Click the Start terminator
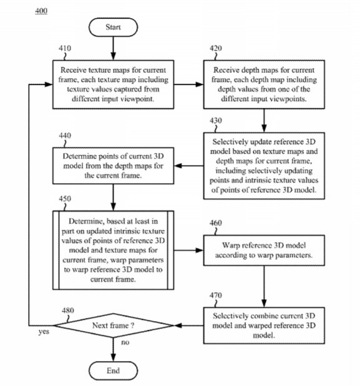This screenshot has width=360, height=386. click(x=113, y=27)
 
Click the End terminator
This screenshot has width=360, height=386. click(x=113, y=371)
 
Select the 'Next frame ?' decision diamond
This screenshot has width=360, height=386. click(x=113, y=325)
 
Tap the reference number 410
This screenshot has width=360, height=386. click(x=65, y=48)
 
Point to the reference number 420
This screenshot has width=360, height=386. click(x=216, y=48)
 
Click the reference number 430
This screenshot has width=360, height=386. click(x=216, y=121)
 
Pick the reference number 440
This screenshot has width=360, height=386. click(x=65, y=136)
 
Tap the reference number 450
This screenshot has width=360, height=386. click(x=65, y=199)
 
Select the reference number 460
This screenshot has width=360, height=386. click(x=216, y=223)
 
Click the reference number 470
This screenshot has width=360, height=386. click(x=216, y=295)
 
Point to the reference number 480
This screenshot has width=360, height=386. click(x=68, y=310)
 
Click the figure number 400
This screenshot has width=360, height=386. click(x=41, y=11)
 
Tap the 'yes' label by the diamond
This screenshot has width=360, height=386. click(x=44, y=332)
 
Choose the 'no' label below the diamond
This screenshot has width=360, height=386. click(x=125, y=342)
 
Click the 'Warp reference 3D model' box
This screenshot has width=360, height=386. click(x=264, y=250)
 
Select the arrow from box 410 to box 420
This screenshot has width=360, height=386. click(x=188, y=84)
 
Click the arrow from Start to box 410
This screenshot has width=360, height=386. click(x=113, y=48)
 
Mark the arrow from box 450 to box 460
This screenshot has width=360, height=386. click(x=188, y=250)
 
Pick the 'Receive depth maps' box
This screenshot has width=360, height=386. click(x=264, y=84)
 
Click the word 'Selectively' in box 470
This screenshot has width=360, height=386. click(x=231, y=316)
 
